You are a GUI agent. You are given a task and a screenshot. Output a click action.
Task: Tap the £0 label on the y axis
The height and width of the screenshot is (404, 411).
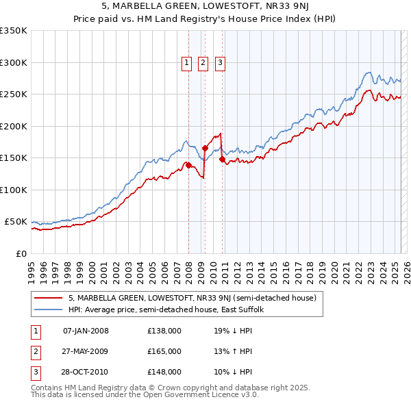pyautogui.click(x=21, y=253)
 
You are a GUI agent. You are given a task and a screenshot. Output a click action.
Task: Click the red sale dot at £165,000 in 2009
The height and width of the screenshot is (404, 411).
pyautogui.click(x=206, y=148)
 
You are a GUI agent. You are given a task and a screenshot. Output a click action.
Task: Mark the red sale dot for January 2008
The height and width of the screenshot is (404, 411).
pyautogui.click(x=188, y=165)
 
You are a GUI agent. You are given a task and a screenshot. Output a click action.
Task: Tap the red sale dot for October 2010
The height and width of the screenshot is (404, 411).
pyautogui.click(x=222, y=159)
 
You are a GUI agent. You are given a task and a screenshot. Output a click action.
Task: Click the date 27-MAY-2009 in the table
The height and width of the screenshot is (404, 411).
pyautogui.click(x=86, y=351)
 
